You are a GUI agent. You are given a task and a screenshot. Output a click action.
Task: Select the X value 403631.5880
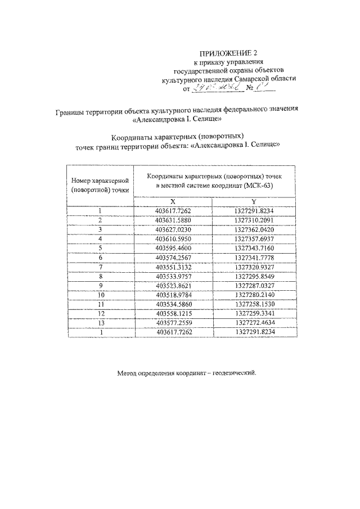[173, 220]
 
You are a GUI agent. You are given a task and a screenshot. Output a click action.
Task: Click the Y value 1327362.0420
[255, 229]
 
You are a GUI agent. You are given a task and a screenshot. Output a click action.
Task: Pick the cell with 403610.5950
[173, 238]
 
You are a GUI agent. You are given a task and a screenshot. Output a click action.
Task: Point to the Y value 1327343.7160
[255, 247]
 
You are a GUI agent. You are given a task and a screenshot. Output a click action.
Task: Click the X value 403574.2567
[173, 257]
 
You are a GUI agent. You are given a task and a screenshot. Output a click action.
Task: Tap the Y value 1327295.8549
[255, 276]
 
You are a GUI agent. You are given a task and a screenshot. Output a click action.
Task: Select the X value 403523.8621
[173, 285]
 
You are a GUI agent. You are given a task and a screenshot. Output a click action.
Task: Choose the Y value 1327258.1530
[255, 304]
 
